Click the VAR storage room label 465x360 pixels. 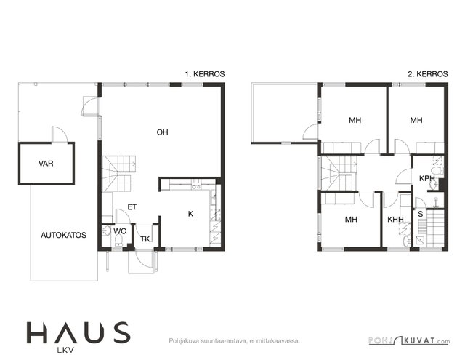(46, 164)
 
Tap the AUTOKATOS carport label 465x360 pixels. (63, 235)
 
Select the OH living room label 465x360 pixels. (162, 132)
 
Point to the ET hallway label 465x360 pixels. (132, 207)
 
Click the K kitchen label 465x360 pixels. (190, 214)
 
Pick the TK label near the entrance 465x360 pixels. (145, 239)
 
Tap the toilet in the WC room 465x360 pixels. (118, 240)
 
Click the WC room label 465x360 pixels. (120, 231)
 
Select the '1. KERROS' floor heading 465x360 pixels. (205, 74)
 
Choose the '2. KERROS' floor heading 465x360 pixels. (428, 74)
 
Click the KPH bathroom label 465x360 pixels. (427, 178)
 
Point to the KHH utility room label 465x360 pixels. (395, 220)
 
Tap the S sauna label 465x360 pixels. (421, 214)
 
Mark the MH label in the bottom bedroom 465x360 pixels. (351, 220)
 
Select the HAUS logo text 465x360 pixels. (78, 332)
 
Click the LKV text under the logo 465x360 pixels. (65, 351)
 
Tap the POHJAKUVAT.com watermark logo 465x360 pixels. (409, 340)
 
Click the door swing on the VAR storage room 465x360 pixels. (60, 134)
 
